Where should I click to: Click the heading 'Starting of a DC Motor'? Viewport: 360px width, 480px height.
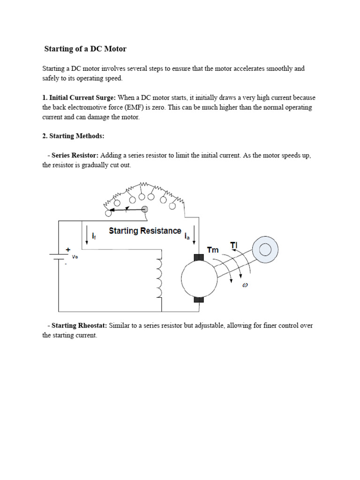click(85, 49)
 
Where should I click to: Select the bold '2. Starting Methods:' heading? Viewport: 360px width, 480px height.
click(73, 136)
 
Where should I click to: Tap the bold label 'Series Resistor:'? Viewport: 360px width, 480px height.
click(75, 156)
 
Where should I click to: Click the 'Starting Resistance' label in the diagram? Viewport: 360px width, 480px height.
click(145, 231)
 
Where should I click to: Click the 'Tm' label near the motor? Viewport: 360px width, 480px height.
click(213, 250)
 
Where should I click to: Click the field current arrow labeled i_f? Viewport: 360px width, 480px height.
click(87, 234)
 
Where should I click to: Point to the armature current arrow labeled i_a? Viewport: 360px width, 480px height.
click(195, 234)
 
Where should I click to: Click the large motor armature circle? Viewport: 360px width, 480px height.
click(199, 279)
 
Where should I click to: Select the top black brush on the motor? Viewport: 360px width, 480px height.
click(199, 258)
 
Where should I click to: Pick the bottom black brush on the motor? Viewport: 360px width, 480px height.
click(199, 300)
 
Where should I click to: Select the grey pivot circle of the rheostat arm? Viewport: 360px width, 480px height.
click(145, 210)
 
